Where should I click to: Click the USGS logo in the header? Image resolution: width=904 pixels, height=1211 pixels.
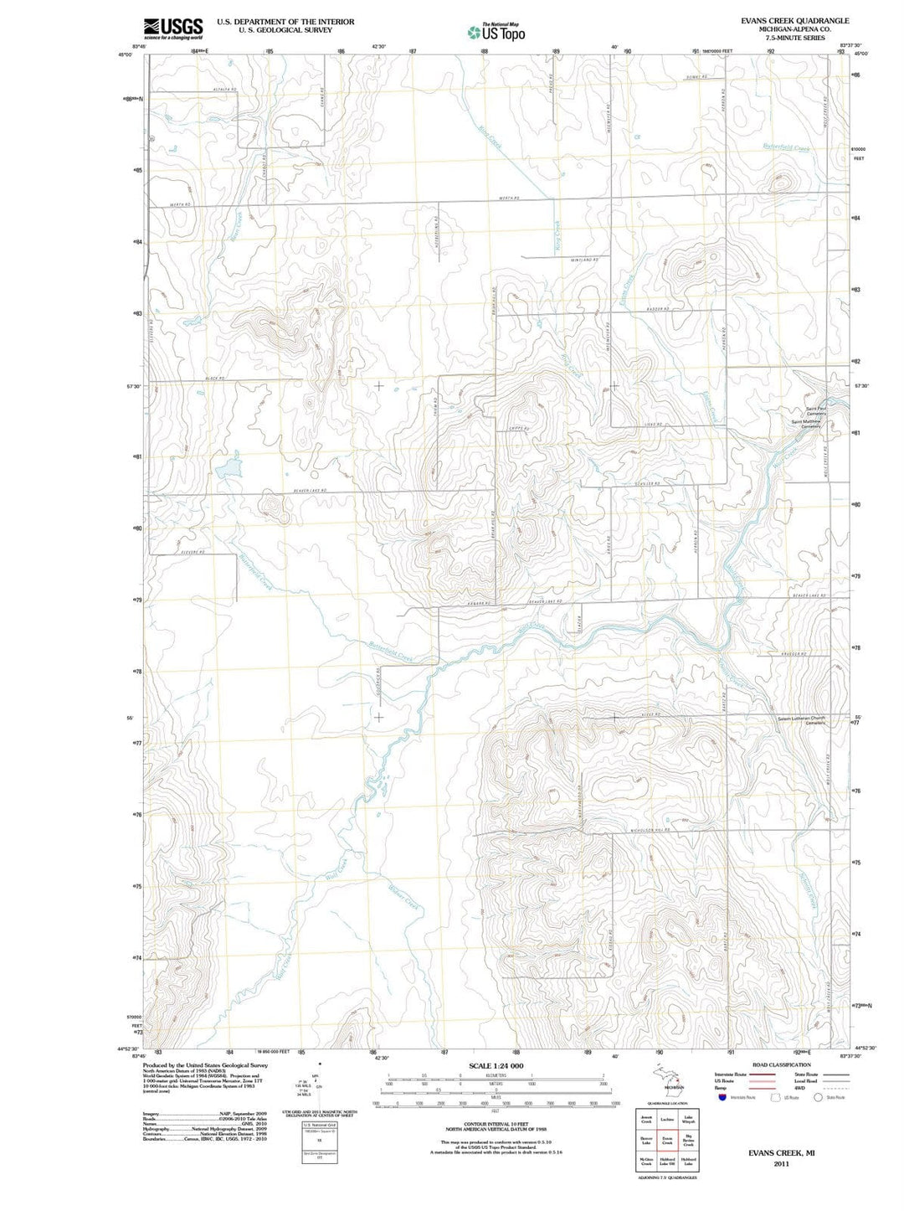[x=172, y=28]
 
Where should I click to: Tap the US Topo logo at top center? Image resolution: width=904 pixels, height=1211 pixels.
[x=497, y=32]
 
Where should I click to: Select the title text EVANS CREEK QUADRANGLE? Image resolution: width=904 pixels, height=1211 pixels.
[x=794, y=21]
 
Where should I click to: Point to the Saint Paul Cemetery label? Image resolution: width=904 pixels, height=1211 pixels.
[x=816, y=411]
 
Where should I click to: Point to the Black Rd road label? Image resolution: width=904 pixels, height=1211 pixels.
[x=216, y=379]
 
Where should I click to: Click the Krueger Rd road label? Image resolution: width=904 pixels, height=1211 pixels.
[x=793, y=654]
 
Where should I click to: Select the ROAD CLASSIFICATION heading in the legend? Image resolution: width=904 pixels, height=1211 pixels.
[x=781, y=1065]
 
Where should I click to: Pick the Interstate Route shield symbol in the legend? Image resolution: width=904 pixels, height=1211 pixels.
[x=722, y=1097]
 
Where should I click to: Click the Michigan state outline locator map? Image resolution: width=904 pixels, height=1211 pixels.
[x=666, y=1080]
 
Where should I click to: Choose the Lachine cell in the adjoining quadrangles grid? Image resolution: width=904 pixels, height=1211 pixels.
[x=667, y=1120]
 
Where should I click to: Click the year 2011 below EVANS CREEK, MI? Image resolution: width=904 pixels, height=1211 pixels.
[x=781, y=1164]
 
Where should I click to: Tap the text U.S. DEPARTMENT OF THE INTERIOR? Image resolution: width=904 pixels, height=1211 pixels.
[x=285, y=22]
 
